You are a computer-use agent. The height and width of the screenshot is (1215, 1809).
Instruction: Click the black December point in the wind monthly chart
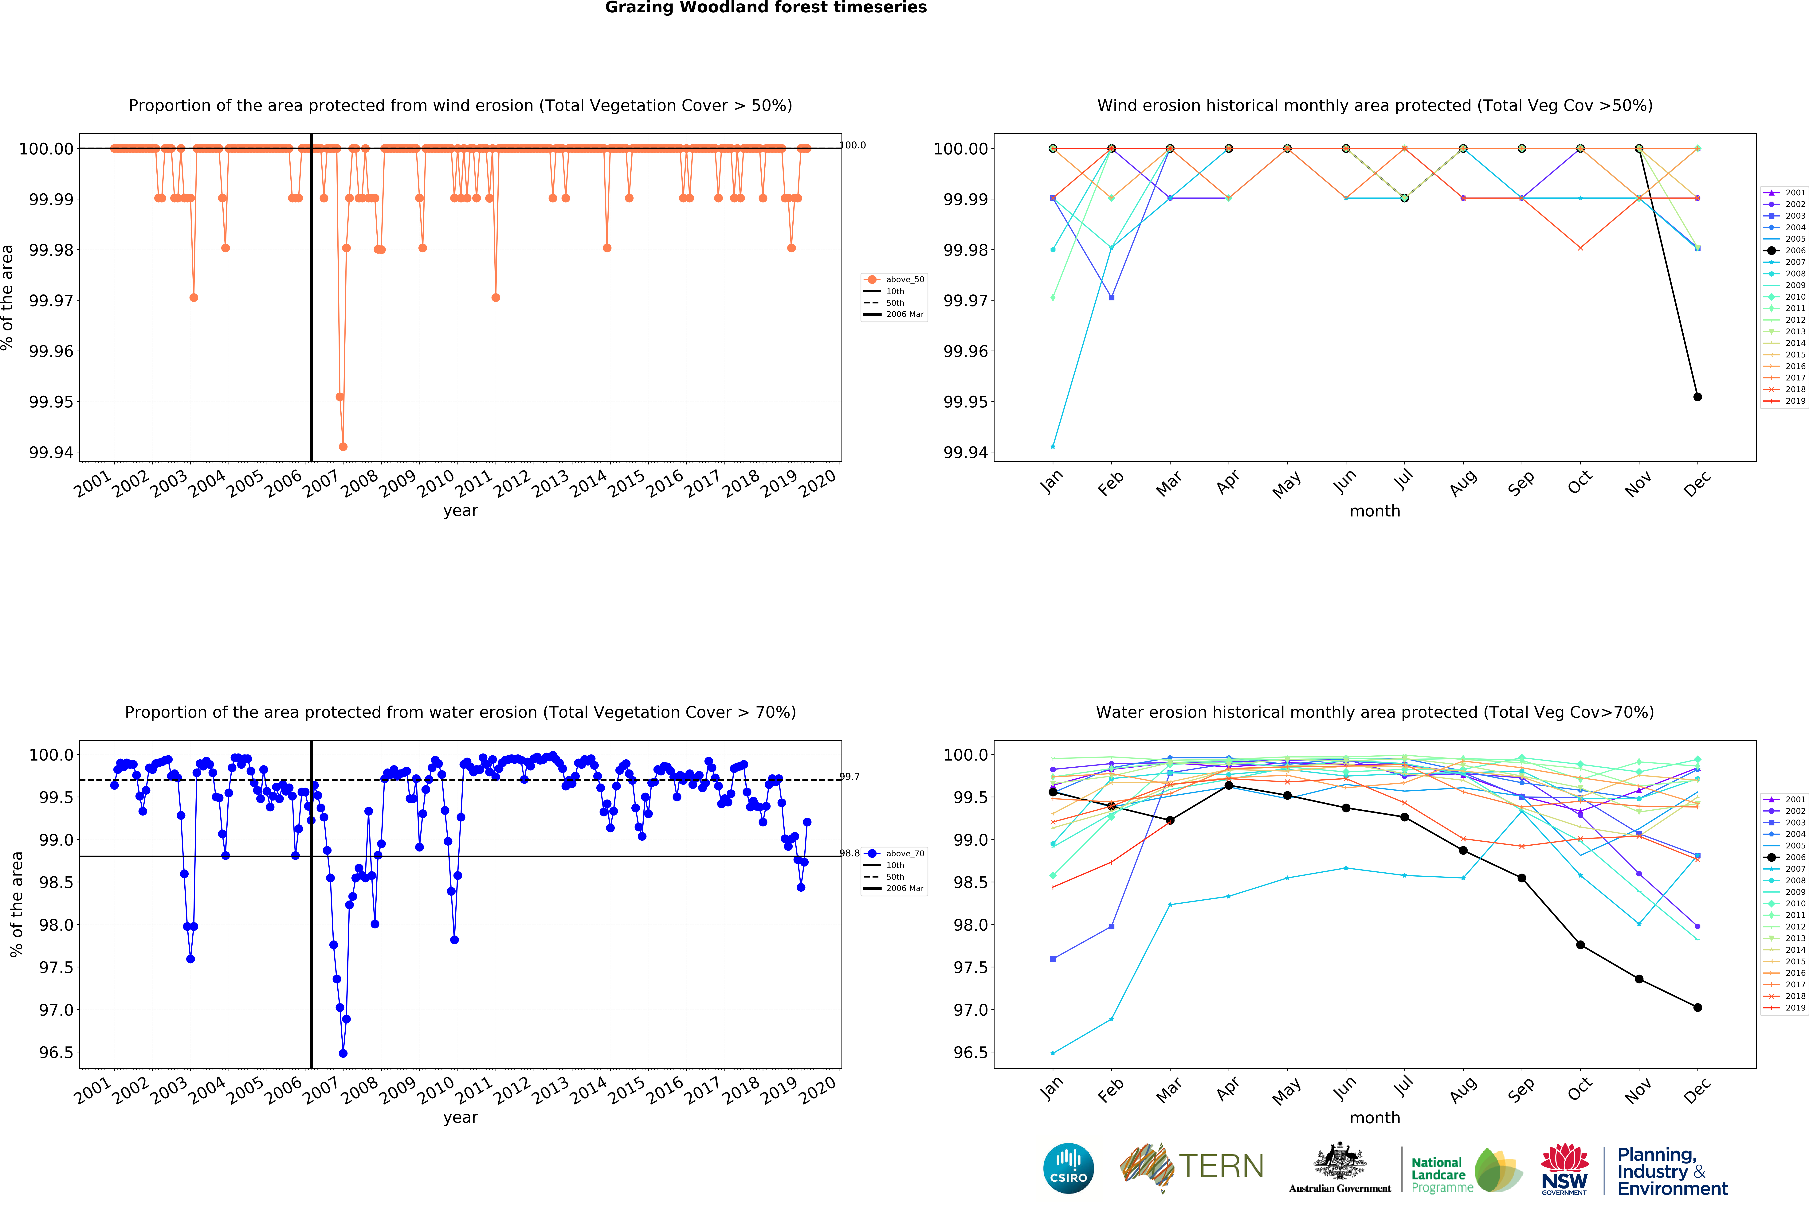1697,397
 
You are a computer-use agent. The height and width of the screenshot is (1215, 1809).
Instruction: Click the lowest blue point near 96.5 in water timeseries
343,1053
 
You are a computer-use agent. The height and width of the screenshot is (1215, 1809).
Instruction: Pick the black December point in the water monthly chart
1697,1007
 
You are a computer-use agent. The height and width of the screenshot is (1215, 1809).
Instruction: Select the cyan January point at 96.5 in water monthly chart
1053,1053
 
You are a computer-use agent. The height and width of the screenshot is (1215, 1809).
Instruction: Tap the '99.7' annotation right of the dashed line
850,776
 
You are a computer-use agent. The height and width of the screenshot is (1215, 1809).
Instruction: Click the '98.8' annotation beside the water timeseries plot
850,853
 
